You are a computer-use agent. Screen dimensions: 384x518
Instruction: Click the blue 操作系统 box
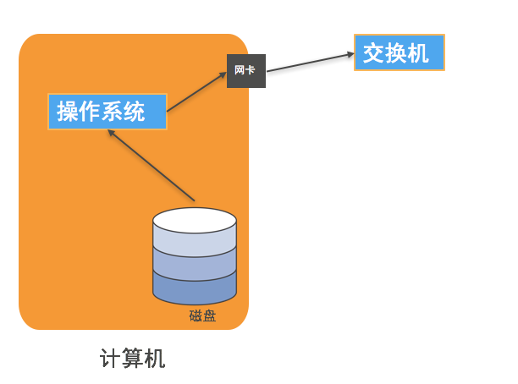click(x=107, y=112)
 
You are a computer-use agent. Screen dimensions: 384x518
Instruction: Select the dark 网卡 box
click(x=246, y=70)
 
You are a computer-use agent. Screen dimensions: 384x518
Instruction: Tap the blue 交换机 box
click(x=400, y=53)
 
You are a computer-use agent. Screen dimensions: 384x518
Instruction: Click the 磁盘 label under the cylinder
click(x=203, y=316)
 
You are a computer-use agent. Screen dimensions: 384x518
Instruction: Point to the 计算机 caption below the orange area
click(x=133, y=359)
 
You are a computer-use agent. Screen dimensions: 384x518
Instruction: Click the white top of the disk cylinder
click(x=195, y=220)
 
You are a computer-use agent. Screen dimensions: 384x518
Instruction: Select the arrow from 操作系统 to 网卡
click(x=197, y=93)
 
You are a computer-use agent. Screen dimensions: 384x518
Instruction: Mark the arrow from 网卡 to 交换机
click(x=309, y=63)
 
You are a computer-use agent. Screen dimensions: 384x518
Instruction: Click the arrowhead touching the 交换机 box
click(x=349, y=55)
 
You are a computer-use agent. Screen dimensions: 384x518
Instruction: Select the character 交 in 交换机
click(x=374, y=53)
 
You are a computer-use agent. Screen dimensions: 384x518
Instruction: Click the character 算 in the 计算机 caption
click(x=133, y=359)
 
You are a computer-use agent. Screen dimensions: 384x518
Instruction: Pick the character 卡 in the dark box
click(x=251, y=70)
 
